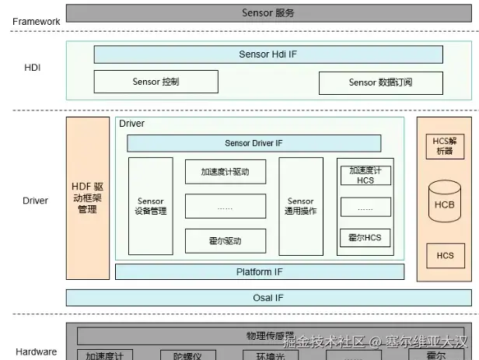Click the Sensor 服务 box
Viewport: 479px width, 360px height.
(x=268, y=13)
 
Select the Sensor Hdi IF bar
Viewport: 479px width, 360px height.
(x=268, y=54)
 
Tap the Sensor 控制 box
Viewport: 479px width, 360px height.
(x=156, y=82)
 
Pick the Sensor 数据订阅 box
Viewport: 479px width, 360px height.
(x=380, y=82)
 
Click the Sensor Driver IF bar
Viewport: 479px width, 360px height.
(x=253, y=143)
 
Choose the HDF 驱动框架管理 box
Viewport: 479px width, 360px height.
(x=88, y=198)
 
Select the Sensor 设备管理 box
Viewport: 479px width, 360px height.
(x=151, y=206)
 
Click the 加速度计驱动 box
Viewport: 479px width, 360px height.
(x=226, y=172)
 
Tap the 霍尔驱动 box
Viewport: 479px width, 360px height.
(x=226, y=240)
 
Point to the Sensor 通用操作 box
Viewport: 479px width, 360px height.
(x=300, y=206)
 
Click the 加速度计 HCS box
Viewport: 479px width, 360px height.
(x=365, y=175)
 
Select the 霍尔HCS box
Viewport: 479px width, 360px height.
(x=365, y=238)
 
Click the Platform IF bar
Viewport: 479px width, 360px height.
(x=260, y=272)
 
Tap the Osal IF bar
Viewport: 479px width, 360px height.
(x=268, y=298)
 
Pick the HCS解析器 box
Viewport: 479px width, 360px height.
(x=445, y=145)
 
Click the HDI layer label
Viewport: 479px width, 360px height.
(x=32, y=68)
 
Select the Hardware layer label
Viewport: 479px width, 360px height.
(x=36, y=351)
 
